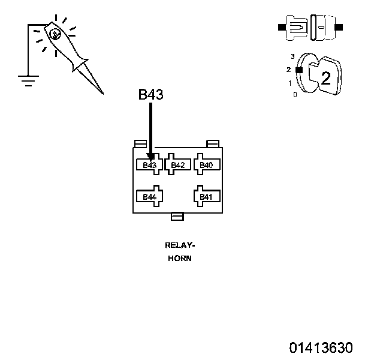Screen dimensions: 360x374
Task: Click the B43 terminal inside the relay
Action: point(149,165)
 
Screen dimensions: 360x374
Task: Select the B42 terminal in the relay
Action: point(177,165)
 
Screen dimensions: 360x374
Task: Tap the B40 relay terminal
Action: point(206,165)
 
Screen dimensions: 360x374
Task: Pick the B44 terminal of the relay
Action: point(149,197)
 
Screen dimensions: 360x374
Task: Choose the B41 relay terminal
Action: point(206,197)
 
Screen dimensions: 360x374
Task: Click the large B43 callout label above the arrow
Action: point(151,95)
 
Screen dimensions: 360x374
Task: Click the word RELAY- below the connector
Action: point(180,245)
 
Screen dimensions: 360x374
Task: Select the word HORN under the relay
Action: point(180,259)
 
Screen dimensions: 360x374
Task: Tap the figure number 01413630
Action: point(321,347)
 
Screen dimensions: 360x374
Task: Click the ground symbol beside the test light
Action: point(26,79)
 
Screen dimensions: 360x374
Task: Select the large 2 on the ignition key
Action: point(326,78)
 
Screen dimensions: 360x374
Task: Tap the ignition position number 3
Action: point(292,56)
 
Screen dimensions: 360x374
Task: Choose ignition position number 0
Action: point(294,95)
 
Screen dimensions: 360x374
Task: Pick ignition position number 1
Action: point(290,83)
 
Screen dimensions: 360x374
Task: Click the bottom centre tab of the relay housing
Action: point(177,217)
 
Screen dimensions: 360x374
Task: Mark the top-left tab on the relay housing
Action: point(141,143)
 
